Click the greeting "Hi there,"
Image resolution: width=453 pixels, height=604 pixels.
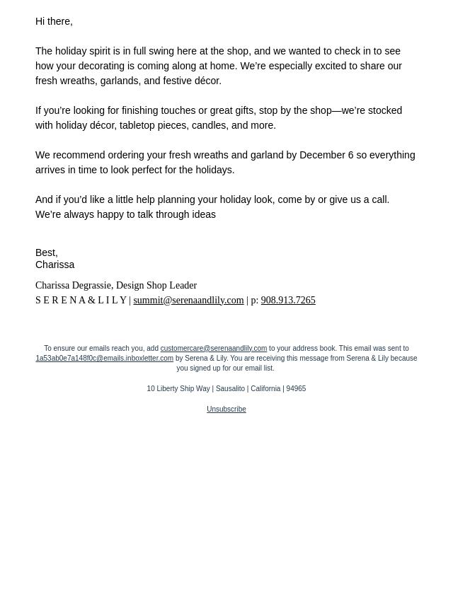click(54, 21)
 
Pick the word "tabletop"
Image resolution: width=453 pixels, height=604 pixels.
click(137, 125)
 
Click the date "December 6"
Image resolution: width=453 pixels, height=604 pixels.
click(326, 155)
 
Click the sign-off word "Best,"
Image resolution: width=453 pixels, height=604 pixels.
click(47, 252)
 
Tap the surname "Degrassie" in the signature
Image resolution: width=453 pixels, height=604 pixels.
click(88, 285)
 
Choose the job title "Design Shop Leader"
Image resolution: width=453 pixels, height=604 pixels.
click(156, 285)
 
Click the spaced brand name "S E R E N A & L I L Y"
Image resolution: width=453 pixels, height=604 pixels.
click(81, 300)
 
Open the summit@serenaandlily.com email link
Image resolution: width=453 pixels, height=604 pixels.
click(188, 300)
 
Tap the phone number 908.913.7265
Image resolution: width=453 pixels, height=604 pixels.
click(288, 300)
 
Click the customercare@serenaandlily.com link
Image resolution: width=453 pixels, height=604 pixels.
click(213, 348)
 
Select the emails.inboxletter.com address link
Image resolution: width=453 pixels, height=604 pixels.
click(104, 358)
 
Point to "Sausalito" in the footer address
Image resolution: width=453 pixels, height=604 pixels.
click(230, 388)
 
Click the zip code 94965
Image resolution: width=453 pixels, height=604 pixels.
click(296, 388)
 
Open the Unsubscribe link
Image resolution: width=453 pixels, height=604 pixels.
click(226, 409)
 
